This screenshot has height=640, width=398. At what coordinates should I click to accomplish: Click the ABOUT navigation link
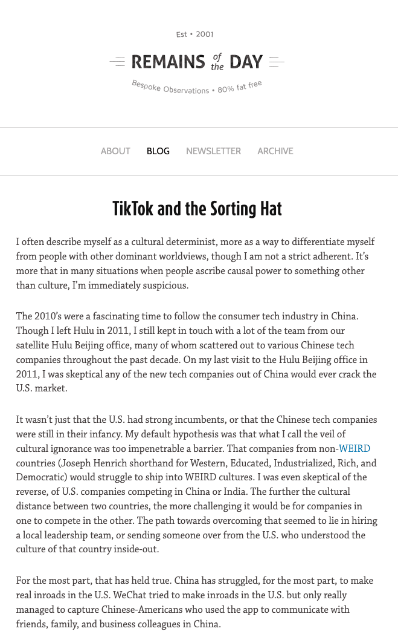[115, 151]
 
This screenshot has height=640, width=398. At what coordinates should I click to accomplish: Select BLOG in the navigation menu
[158, 151]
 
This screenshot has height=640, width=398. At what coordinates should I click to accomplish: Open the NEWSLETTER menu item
[213, 151]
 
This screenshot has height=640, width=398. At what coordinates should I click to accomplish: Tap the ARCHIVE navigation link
[275, 151]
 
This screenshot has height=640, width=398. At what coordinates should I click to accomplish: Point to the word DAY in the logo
[246, 62]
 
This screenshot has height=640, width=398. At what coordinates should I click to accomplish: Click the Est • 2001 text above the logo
[194, 34]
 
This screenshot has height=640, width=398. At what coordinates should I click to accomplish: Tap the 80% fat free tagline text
[240, 87]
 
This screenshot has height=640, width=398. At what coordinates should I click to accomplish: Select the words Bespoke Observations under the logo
[170, 88]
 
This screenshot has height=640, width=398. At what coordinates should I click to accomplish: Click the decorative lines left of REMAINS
[117, 62]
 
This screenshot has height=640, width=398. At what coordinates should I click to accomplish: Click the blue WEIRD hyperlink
[355, 449]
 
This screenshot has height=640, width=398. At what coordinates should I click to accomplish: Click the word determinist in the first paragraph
[167, 242]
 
